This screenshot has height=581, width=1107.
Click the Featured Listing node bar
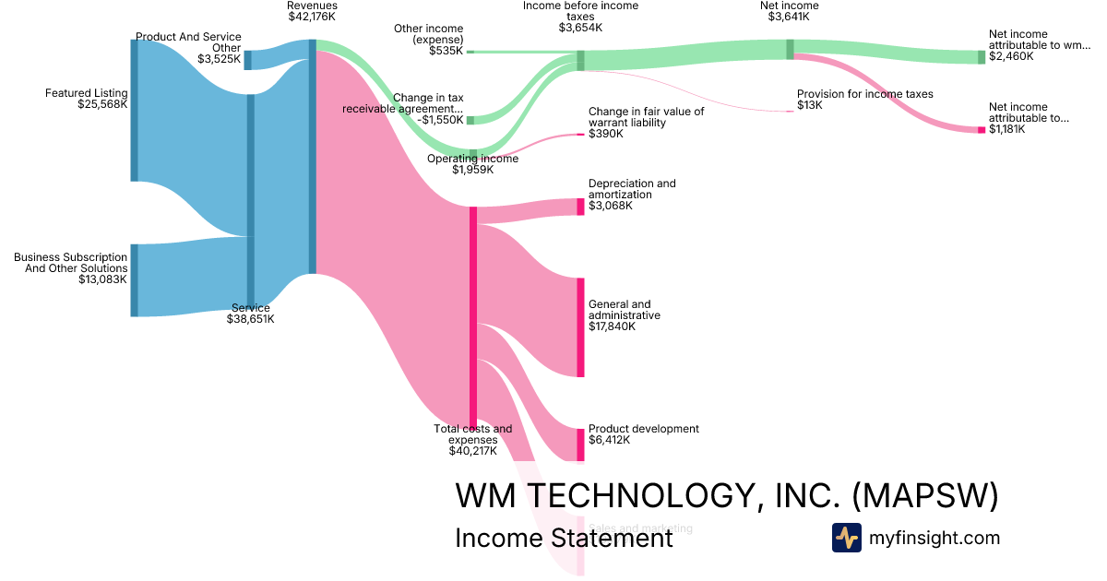[134, 111]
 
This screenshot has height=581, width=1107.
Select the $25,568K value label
[102, 104]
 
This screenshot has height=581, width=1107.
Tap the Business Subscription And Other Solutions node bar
[134, 280]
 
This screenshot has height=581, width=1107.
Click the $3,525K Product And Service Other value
[219, 59]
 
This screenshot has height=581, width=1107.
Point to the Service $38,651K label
[251, 314]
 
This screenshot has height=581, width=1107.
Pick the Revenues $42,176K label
[312, 11]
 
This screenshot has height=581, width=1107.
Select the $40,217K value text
[473, 451]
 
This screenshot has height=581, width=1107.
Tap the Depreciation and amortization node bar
[580, 207]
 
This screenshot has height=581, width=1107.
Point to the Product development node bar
[580, 445]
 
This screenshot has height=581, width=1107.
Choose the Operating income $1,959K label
[473, 164]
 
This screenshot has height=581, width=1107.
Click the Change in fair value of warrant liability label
[646, 117]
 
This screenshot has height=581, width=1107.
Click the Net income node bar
[790, 49]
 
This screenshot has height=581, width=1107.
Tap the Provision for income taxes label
[864, 94]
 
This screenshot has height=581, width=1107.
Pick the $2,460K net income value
[1011, 56]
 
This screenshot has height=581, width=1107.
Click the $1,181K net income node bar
[982, 130]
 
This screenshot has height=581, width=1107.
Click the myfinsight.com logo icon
[846, 538]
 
